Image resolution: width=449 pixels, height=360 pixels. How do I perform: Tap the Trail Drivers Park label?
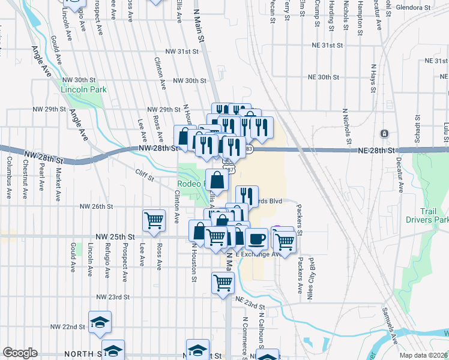click(x=435, y=215)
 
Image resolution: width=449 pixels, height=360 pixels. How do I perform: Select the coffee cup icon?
click(x=256, y=239)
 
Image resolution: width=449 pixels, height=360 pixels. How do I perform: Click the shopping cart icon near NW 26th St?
click(x=154, y=220)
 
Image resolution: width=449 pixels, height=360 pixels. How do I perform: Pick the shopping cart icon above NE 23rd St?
click(x=223, y=282)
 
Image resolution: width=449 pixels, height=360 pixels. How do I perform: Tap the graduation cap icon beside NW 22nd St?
click(x=100, y=322)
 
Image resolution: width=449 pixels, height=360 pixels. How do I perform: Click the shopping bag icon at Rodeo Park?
click(x=217, y=179)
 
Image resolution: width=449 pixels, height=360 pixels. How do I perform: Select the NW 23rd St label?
click(x=113, y=297)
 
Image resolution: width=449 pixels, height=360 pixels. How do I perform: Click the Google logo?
click(x=20, y=353)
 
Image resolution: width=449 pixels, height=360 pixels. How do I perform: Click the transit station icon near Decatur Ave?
click(x=385, y=133)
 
